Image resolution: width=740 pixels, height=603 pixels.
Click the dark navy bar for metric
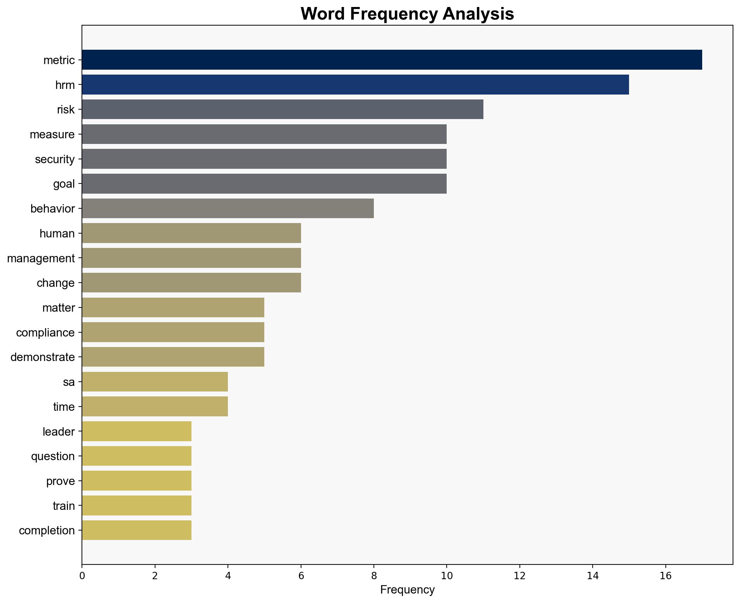[392, 60]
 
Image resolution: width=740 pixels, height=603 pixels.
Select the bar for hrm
[355, 84]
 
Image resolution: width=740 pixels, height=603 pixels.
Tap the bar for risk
[282, 109]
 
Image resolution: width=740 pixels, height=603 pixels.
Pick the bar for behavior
[228, 208]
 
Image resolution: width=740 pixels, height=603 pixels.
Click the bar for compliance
[173, 332]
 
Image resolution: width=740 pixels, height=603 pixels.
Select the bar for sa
[155, 382]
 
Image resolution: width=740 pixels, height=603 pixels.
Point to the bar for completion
[137, 530]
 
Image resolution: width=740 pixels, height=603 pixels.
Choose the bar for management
[191, 258]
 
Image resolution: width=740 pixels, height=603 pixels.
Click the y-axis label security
[55, 159]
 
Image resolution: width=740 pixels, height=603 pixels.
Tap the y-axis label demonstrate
[42, 357]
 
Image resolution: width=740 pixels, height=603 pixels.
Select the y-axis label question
[53, 456]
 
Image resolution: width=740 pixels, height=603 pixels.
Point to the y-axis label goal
[64, 184]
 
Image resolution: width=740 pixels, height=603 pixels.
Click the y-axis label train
[63, 506]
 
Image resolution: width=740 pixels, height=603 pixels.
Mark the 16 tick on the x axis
[665, 576]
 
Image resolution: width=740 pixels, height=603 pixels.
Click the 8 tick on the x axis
[374, 576]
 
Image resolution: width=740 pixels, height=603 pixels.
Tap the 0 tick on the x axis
[82, 576]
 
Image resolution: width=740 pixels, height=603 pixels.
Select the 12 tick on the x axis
[519, 576]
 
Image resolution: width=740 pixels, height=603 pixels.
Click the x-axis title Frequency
[407, 590]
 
